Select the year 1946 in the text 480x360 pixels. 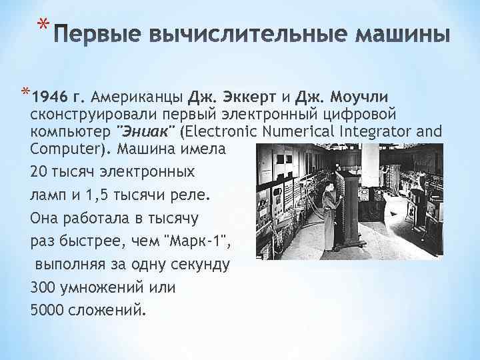tap(50, 95)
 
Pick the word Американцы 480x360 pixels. tap(138, 95)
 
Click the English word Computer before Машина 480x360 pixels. tap(61, 149)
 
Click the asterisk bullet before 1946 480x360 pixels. tap(25, 92)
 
